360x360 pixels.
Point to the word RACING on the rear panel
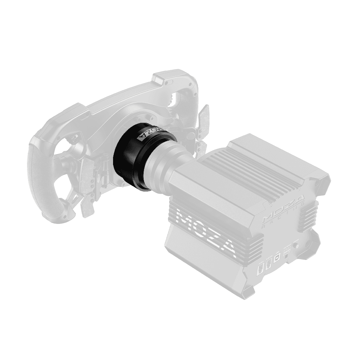284,221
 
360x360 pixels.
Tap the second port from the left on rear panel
268,266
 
